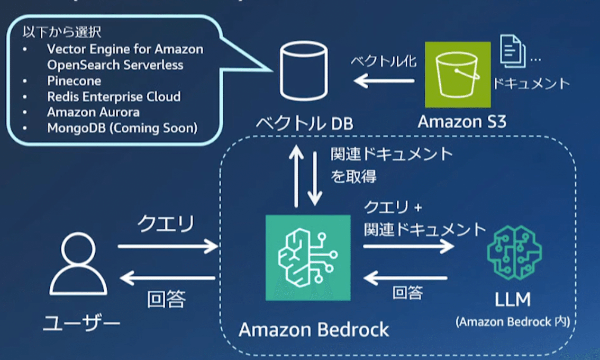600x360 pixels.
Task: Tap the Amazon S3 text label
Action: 462,122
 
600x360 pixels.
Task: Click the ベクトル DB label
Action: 304,124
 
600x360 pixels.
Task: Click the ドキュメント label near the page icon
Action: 531,83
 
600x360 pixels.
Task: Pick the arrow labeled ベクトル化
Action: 384,81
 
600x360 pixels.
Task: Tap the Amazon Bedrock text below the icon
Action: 314,330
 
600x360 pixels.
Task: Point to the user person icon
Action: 78,265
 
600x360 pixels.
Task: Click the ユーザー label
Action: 81,323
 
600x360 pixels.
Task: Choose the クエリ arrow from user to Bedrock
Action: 167,246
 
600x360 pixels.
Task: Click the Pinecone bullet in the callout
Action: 74,81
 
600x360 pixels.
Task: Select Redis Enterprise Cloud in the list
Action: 113,97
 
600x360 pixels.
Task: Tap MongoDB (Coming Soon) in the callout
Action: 122,128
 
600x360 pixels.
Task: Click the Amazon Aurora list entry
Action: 93,112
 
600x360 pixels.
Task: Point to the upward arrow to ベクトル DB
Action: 296,175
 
